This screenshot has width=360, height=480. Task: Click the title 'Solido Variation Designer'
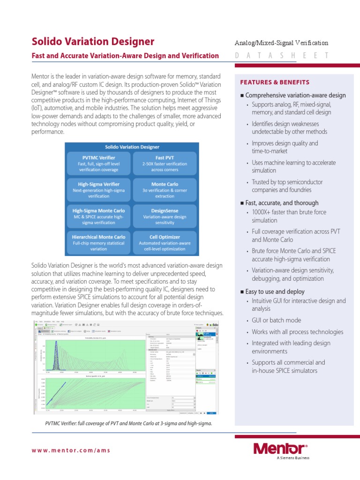pos(93,41)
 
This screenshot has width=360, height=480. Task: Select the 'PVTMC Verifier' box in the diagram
pos(98,164)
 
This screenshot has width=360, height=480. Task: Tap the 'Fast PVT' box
pos(165,164)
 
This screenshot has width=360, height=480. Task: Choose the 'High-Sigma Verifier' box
pos(98,190)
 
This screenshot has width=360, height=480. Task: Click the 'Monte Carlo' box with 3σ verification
pos(165,190)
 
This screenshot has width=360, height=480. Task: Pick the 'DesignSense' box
pos(165,216)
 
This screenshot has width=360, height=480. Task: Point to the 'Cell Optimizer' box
pos(165,242)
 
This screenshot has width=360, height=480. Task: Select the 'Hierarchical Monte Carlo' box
pos(98,242)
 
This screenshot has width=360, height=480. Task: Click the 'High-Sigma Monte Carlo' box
pos(98,216)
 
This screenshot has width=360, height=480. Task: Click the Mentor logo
pos(280,448)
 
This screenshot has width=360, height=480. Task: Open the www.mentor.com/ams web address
pos(71,450)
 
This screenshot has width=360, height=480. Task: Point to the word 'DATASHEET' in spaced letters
pos(282,56)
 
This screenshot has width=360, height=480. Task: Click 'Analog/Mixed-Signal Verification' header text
pos(281,43)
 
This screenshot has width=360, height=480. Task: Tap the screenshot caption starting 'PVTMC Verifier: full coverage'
pos(128,423)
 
